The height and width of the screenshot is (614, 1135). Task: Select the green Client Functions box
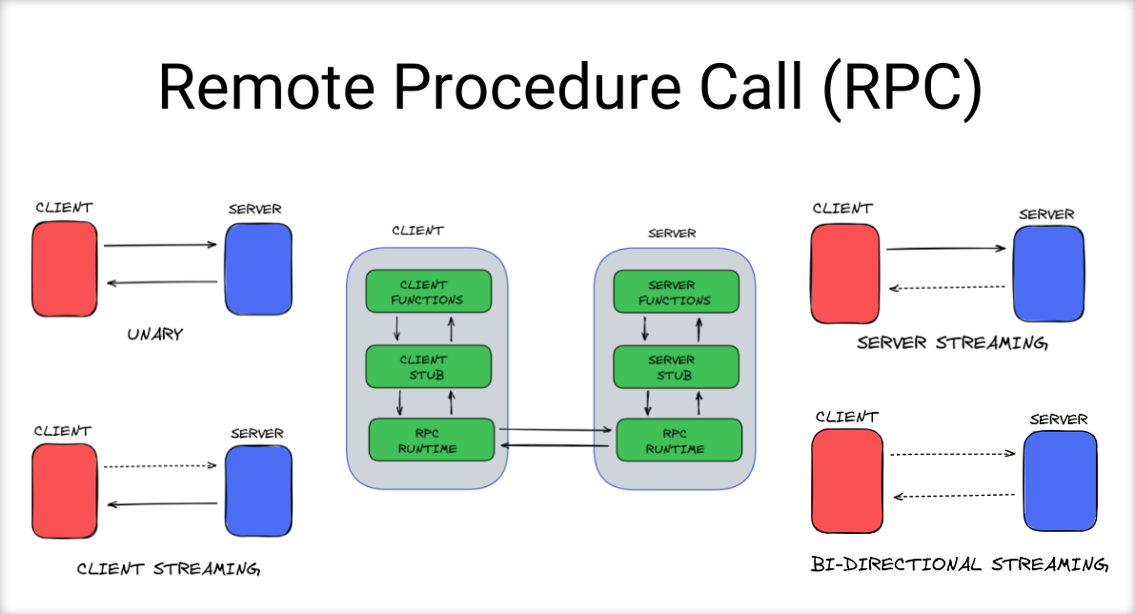[x=428, y=292]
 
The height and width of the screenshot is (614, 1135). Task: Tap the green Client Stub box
[x=428, y=367]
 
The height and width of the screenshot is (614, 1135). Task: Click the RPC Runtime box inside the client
[x=432, y=440]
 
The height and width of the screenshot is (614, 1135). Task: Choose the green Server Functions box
[x=675, y=292]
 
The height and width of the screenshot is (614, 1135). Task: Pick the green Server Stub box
[x=675, y=367]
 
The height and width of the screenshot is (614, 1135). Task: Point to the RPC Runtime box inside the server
[x=679, y=440]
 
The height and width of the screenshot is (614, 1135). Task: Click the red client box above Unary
[x=65, y=270]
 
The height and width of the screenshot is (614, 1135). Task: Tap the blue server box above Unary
[x=258, y=270]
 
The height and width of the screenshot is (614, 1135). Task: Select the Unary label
[x=154, y=336]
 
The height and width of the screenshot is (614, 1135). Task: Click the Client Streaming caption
[x=168, y=569]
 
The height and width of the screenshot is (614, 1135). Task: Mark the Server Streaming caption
[x=951, y=343]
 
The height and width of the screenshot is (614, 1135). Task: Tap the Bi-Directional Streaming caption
[x=959, y=563]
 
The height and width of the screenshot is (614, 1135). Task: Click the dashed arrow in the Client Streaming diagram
[x=160, y=466]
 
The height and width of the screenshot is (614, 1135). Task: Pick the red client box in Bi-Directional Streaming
[x=846, y=481]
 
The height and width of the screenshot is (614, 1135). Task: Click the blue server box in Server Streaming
[x=1048, y=275]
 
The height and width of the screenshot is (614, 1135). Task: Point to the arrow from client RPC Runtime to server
[x=556, y=431]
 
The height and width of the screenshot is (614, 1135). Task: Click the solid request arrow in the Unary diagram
[x=160, y=246]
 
